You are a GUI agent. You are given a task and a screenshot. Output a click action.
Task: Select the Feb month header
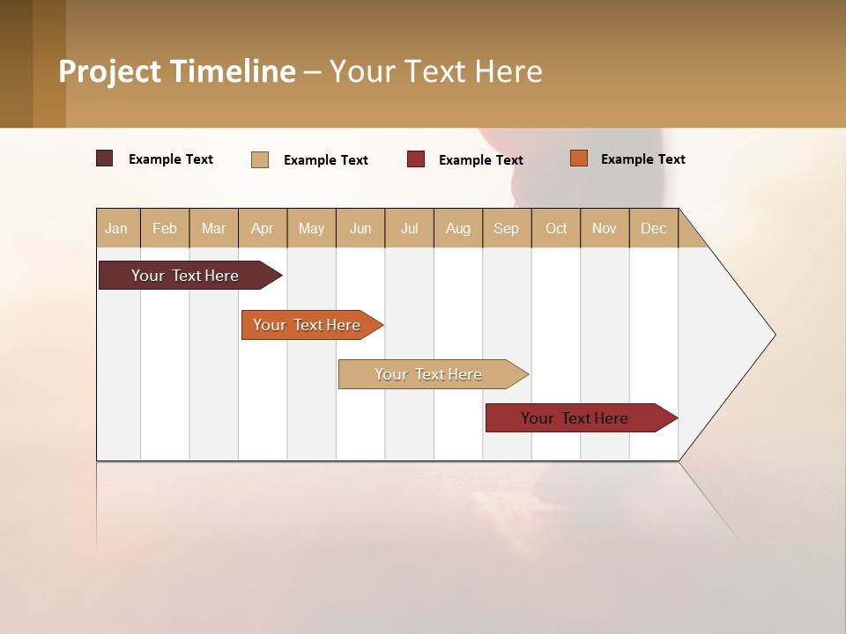[x=165, y=228]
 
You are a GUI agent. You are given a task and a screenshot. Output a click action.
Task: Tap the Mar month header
[x=213, y=228]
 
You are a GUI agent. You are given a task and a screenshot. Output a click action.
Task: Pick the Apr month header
[x=263, y=228]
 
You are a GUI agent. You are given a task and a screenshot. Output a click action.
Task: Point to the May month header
[x=311, y=228]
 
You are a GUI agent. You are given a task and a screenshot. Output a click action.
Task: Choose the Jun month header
[x=360, y=228]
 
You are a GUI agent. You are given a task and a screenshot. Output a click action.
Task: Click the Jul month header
[x=409, y=228]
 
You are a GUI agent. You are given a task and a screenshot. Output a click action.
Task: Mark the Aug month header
[x=458, y=228]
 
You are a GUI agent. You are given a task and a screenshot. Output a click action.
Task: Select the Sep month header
[x=507, y=228]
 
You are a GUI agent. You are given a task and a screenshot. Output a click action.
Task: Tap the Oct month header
[x=556, y=228]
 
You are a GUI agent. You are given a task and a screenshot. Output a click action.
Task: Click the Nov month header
[x=605, y=228]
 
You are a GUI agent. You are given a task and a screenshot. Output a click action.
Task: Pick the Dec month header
[x=654, y=228]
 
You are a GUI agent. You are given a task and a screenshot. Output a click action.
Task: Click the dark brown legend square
[x=105, y=158]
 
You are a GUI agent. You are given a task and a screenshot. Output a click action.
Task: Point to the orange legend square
[x=578, y=158]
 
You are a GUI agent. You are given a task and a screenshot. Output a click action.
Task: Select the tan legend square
[x=260, y=159]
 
